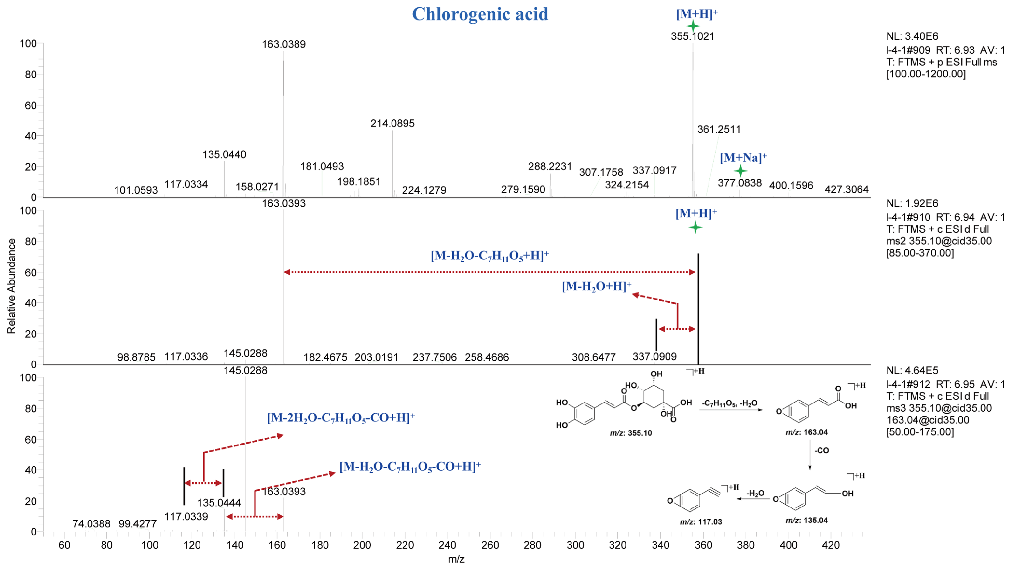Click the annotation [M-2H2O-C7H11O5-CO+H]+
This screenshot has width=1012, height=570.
(341, 417)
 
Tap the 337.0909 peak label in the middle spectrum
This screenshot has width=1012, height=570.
(654, 356)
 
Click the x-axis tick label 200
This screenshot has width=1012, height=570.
(362, 545)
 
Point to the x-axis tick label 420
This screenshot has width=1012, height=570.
(831, 545)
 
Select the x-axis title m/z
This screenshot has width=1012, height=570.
(456, 559)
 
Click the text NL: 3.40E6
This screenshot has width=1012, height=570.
(912, 36)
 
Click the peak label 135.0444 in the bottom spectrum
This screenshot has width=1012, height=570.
(219, 503)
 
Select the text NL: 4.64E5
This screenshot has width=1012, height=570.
(912, 371)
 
